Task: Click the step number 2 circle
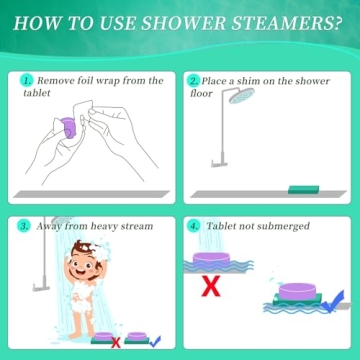[x=195, y=79]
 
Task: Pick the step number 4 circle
[x=195, y=226]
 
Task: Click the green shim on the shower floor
[x=304, y=189]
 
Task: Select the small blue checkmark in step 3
[x=156, y=341]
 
